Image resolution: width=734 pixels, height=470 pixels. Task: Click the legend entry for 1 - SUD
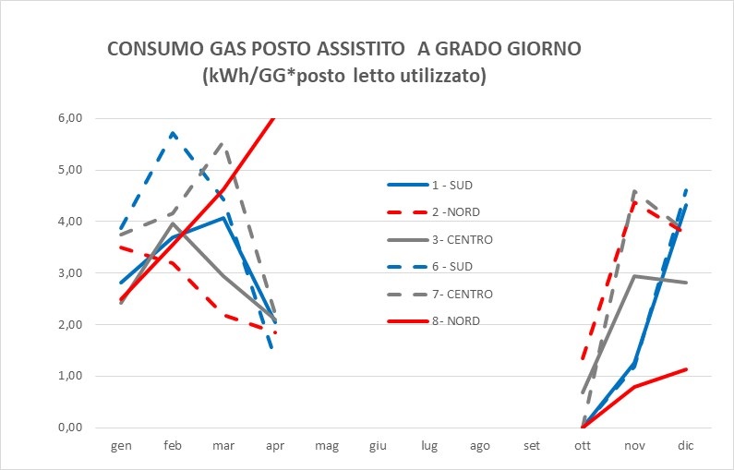pyautogui.click(x=452, y=185)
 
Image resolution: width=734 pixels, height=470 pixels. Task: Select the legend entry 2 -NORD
pyautogui.click(x=455, y=212)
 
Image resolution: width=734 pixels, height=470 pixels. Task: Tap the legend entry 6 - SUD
pyautogui.click(x=452, y=267)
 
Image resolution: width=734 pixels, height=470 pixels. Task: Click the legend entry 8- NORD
pyautogui.click(x=455, y=321)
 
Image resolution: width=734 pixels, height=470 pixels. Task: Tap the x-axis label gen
pyautogui.click(x=121, y=445)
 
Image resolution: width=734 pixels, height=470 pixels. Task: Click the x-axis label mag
pyautogui.click(x=326, y=445)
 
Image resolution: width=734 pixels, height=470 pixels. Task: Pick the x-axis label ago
pyautogui.click(x=480, y=445)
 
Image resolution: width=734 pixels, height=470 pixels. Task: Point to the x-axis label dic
pyautogui.click(x=685, y=445)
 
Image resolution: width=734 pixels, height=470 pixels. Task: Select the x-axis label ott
pyautogui.click(x=583, y=445)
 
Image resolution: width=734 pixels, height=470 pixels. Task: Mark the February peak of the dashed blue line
pyautogui.click(x=172, y=133)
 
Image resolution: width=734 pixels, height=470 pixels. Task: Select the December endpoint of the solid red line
pyautogui.click(x=685, y=369)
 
